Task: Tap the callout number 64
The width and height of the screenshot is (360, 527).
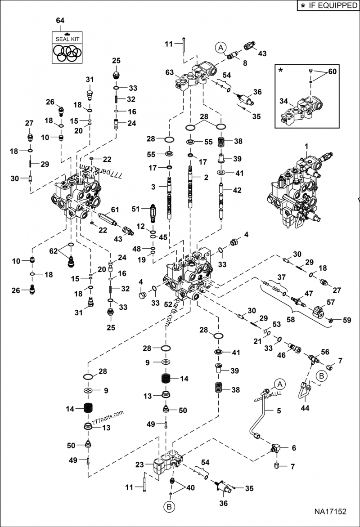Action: [60, 21]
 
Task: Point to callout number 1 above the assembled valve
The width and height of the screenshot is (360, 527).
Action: [306, 146]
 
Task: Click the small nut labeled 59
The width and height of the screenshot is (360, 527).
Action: [331, 320]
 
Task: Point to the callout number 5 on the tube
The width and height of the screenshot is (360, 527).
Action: [278, 410]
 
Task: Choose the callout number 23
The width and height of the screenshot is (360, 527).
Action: [139, 465]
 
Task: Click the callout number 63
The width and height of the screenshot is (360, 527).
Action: [169, 72]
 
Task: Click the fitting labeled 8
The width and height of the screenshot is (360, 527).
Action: [233, 56]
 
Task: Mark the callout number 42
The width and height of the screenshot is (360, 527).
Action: [237, 190]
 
